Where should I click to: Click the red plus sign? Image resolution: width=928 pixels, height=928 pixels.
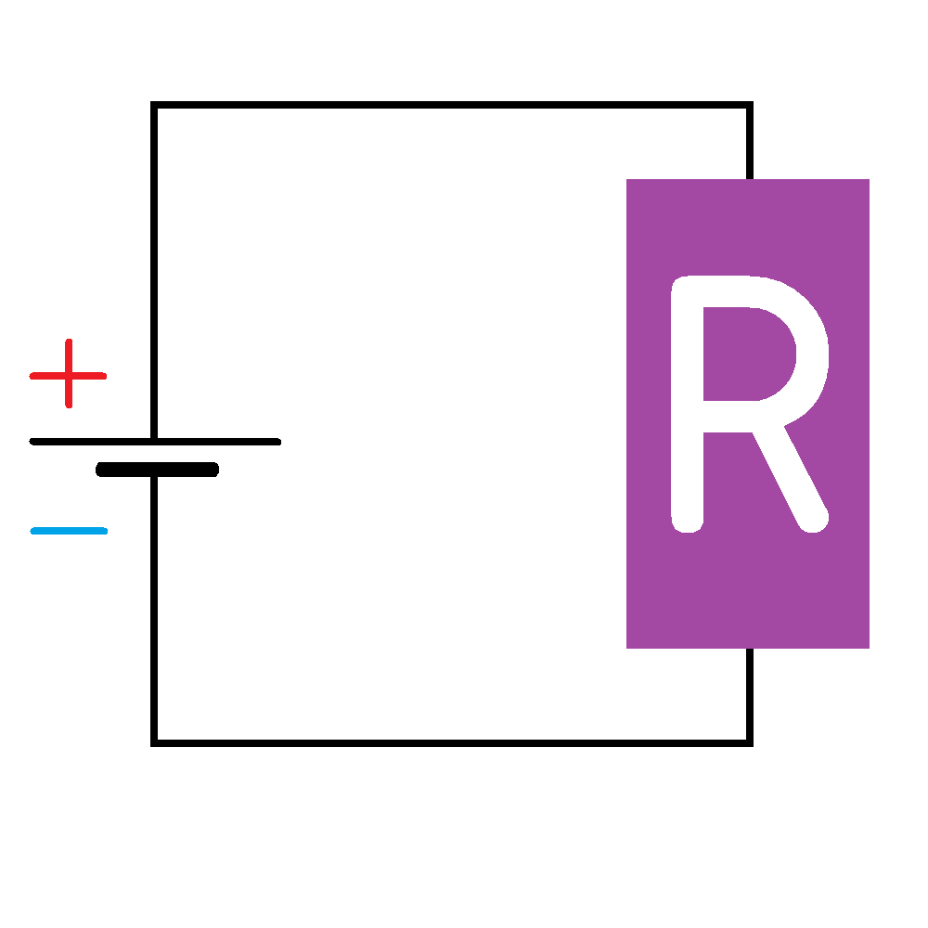point(69,375)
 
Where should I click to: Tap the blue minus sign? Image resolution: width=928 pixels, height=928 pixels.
point(69,531)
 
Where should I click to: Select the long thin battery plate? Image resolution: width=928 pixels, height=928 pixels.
point(155,442)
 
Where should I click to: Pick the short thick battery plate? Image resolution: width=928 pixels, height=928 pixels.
point(157,470)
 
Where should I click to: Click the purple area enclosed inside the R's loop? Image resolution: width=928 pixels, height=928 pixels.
point(742,354)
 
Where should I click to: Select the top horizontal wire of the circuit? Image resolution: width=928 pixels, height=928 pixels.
point(451,104)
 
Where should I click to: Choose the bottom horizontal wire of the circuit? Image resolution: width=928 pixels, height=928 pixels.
point(451,742)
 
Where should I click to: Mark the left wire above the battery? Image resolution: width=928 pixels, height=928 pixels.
point(154,269)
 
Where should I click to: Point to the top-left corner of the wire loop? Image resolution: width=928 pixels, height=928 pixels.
point(154,105)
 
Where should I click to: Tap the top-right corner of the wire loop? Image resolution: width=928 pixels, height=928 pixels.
point(749,105)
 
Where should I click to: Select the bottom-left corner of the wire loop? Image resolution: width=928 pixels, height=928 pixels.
point(154,742)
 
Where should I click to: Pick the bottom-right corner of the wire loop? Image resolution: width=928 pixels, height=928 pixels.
point(749,742)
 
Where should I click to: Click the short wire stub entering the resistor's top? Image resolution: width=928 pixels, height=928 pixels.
point(749,143)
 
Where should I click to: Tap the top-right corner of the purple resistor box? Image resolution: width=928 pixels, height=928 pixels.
point(867,181)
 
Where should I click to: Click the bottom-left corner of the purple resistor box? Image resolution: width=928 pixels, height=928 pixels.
point(629,646)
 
